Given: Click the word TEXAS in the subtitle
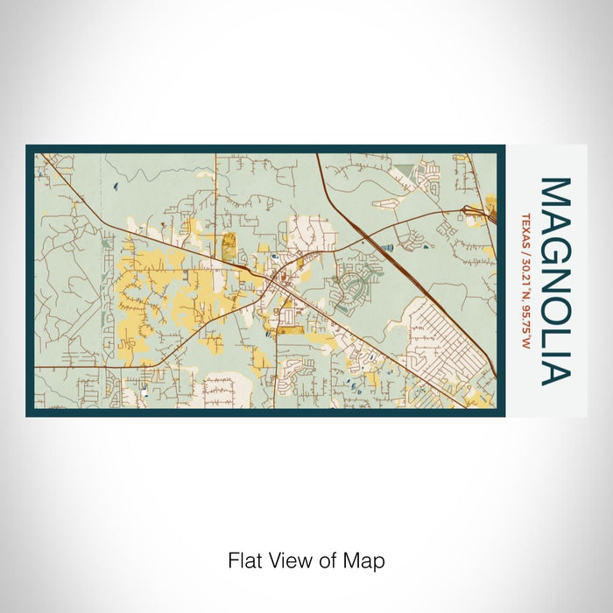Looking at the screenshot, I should point(526,226).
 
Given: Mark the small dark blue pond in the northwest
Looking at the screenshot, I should point(116,185).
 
